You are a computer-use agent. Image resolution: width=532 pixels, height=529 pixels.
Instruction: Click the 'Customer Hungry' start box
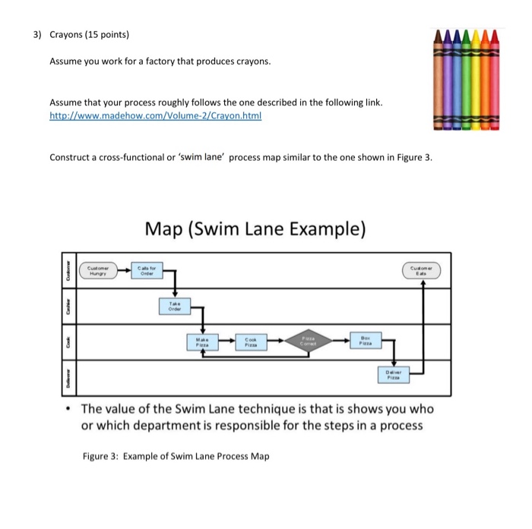[x=100, y=269]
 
